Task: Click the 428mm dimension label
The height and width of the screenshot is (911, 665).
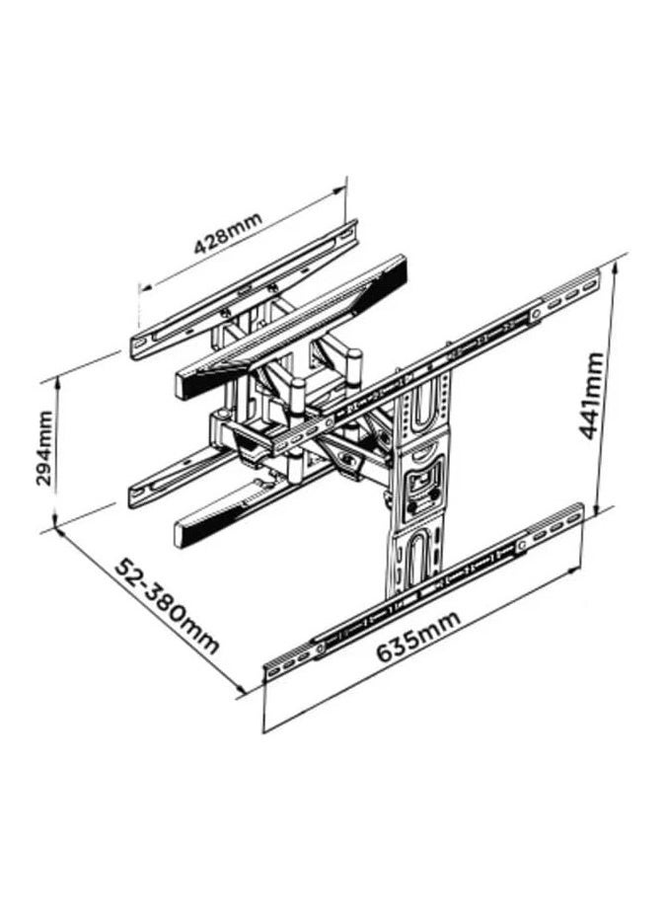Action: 228,234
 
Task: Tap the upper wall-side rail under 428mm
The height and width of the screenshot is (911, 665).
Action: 244,290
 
